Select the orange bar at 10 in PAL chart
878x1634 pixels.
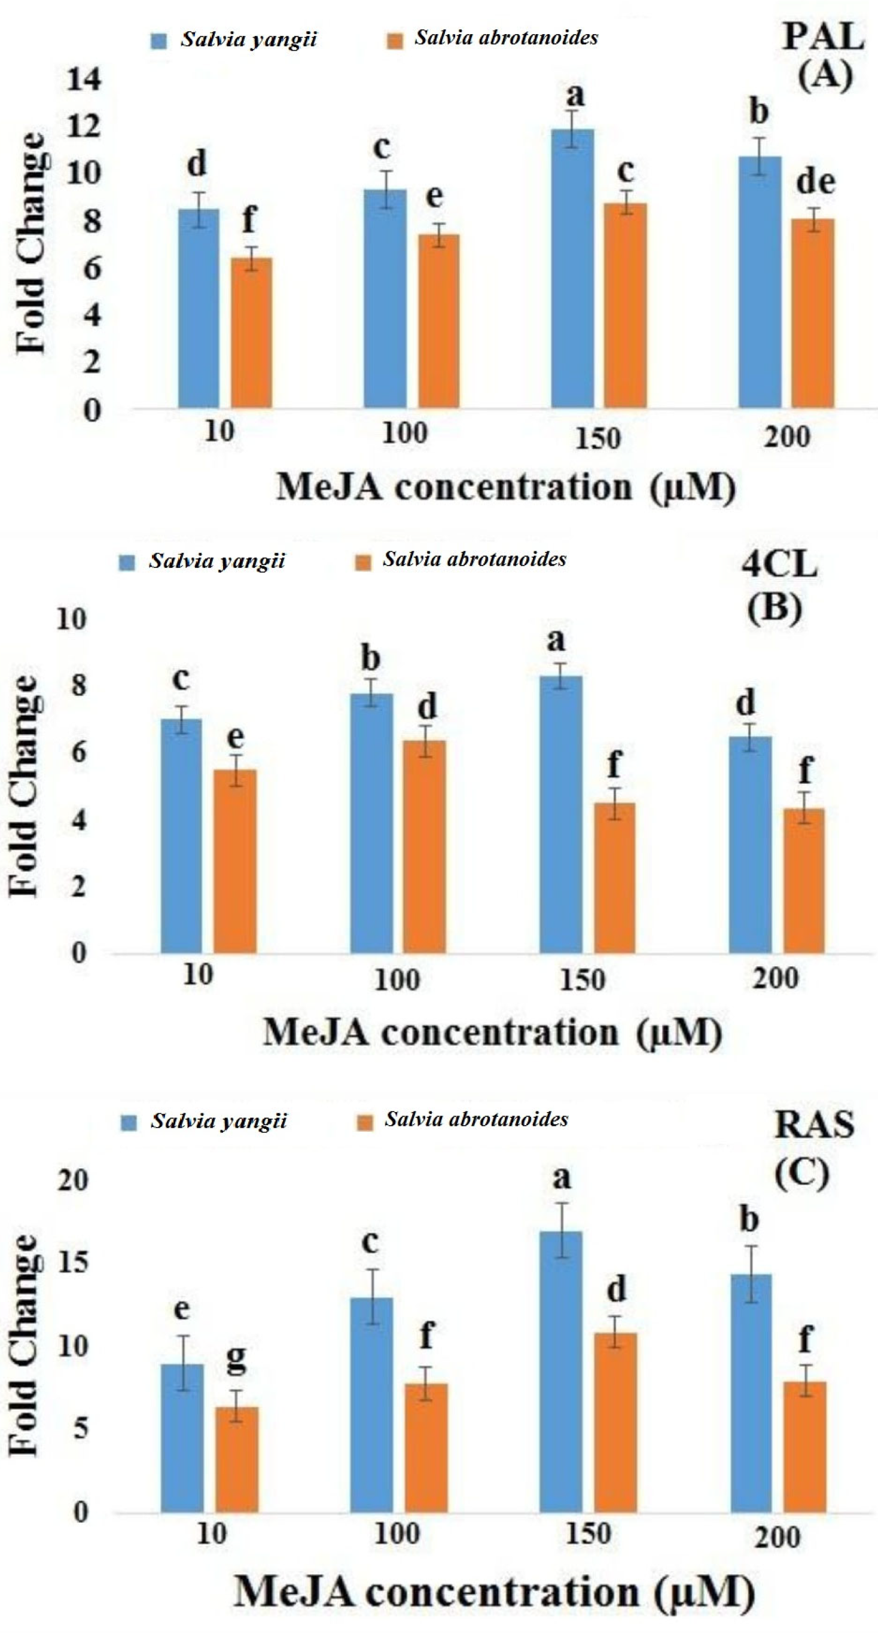pyautogui.click(x=251, y=332)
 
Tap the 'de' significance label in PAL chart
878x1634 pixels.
pyautogui.click(x=815, y=182)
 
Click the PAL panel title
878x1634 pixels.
pyautogui.click(x=823, y=38)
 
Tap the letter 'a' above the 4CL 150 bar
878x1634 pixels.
pyautogui.click(x=556, y=639)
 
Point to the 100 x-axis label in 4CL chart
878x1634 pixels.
pyautogui.click(x=397, y=980)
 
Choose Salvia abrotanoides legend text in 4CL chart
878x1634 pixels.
pyautogui.click(x=474, y=560)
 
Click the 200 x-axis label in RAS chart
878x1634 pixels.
pyautogui.click(x=778, y=1537)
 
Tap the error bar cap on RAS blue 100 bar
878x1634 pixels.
pyautogui.click(x=373, y=1269)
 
